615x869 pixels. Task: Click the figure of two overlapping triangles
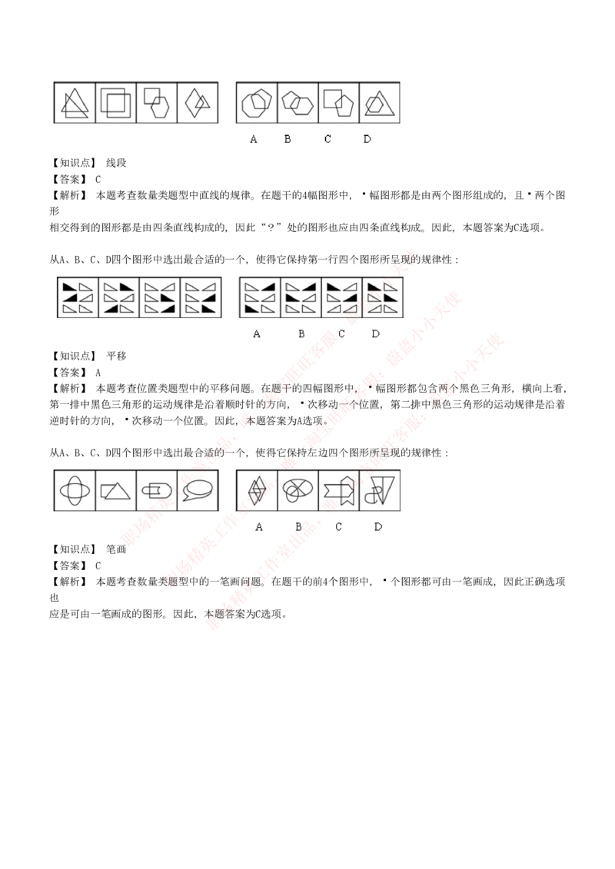coord(75,103)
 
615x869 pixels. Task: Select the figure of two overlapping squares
coord(116,103)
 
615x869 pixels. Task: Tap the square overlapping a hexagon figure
coord(157,103)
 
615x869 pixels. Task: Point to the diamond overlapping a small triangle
coord(198,103)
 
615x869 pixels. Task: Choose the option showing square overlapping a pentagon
coord(338,103)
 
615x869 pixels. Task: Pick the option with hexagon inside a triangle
coord(379,103)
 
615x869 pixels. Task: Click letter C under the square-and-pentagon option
coord(327,139)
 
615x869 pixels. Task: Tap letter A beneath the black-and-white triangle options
coord(257,333)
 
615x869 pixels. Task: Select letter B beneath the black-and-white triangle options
coord(301,333)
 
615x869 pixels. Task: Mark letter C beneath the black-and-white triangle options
coord(341,333)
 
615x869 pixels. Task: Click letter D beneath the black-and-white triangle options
coord(375,333)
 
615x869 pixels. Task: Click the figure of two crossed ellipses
coord(75,490)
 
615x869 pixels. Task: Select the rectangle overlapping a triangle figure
coord(116,490)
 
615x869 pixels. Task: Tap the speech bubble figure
coord(198,490)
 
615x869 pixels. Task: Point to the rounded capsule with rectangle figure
coord(157,490)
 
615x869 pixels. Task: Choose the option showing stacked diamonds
coord(257,490)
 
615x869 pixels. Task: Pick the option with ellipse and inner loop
coord(298,490)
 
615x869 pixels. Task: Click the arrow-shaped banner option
coord(338,490)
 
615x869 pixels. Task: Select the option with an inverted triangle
coord(379,490)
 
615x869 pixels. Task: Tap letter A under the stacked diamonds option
coord(259,526)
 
